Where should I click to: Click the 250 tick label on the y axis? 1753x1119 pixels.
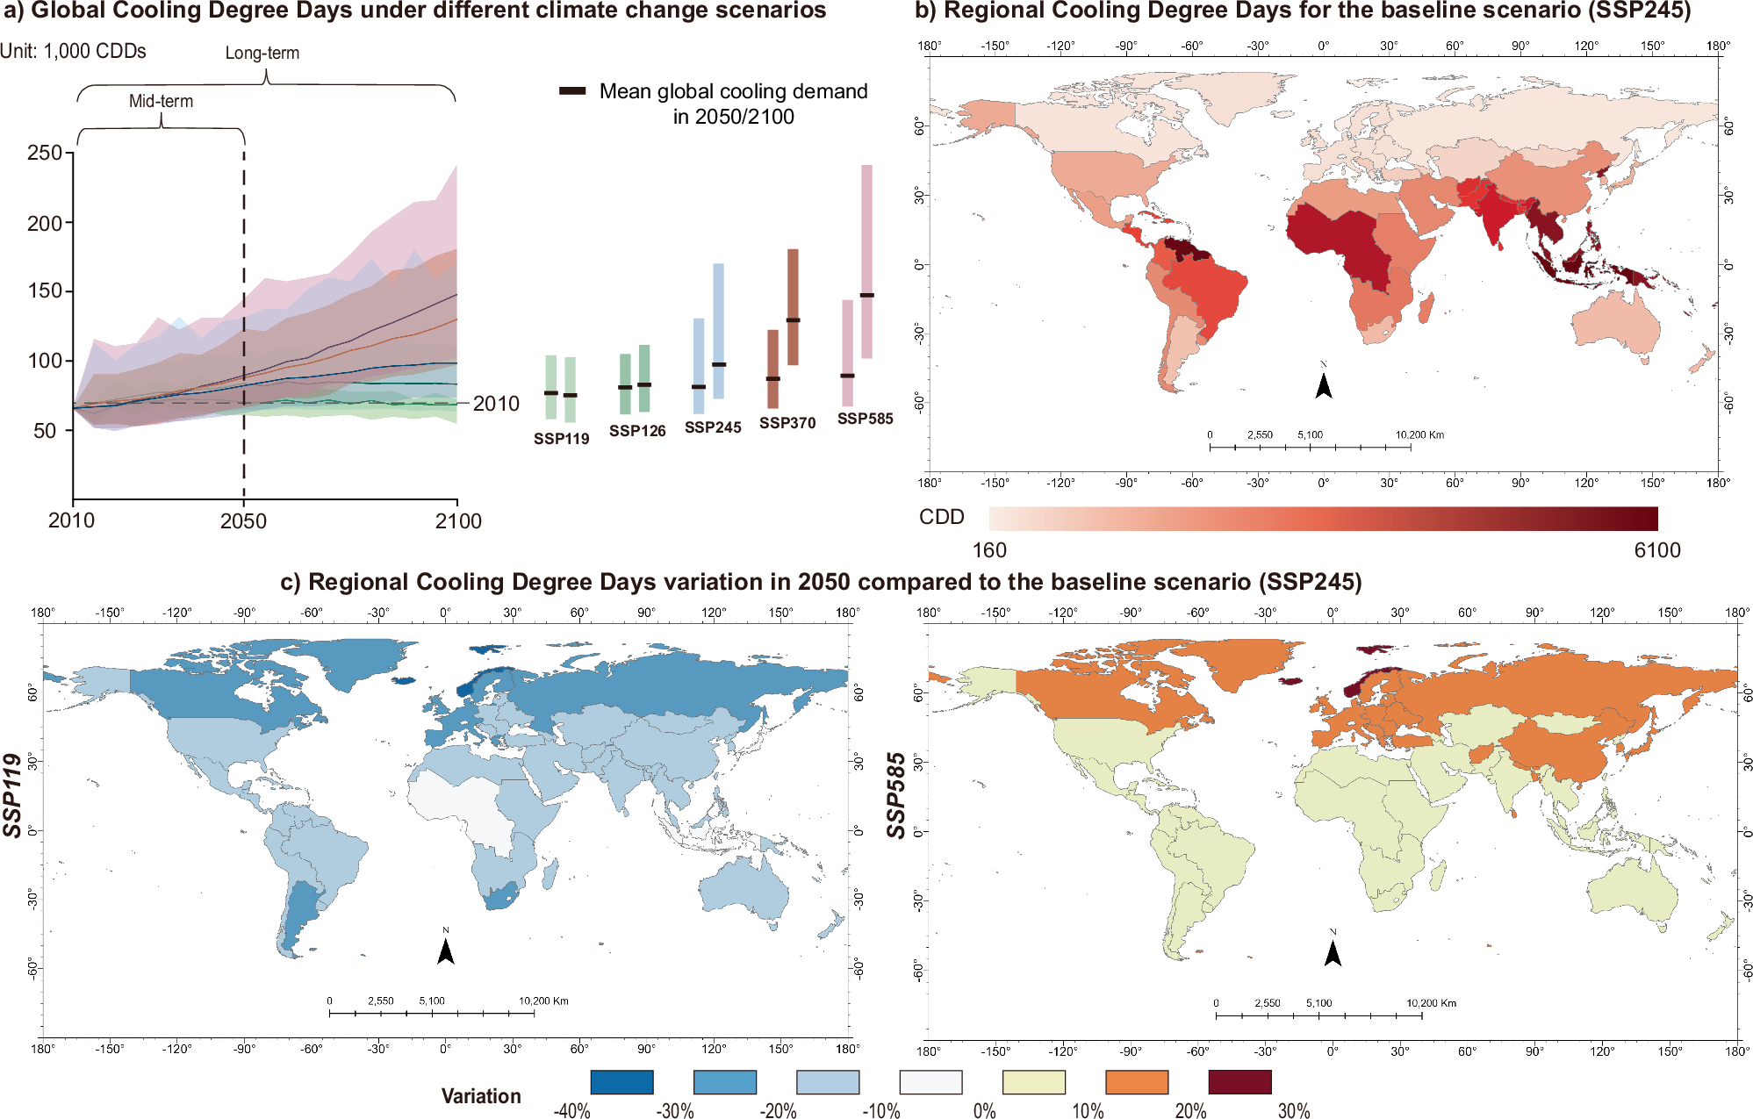(x=44, y=153)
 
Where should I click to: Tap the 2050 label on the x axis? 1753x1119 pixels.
(x=243, y=521)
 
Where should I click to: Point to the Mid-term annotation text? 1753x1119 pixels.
(x=161, y=101)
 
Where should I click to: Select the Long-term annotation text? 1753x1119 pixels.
(x=262, y=53)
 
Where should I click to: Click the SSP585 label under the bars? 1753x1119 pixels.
(x=865, y=419)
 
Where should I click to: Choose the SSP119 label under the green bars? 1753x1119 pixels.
(x=561, y=439)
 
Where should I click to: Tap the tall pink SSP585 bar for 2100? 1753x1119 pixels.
(x=866, y=261)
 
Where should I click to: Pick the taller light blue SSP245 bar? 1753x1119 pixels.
(x=718, y=331)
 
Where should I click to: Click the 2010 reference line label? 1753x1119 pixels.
(x=496, y=404)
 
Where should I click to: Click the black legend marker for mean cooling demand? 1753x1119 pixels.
(x=572, y=90)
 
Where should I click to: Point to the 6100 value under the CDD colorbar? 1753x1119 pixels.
(x=1656, y=550)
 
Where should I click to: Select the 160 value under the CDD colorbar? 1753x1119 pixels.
(x=988, y=550)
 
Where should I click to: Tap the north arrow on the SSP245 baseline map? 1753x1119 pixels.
(x=1323, y=384)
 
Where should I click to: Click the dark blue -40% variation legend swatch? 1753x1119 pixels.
(x=621, y=1082)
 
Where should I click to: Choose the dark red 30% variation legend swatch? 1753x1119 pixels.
(x=1239, y=1082)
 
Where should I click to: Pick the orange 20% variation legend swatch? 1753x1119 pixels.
(x=1137, y=1082)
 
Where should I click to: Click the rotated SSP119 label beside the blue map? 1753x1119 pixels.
(x=12, y=795)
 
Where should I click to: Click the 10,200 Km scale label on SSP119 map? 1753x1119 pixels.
(x=543, y=1001)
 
